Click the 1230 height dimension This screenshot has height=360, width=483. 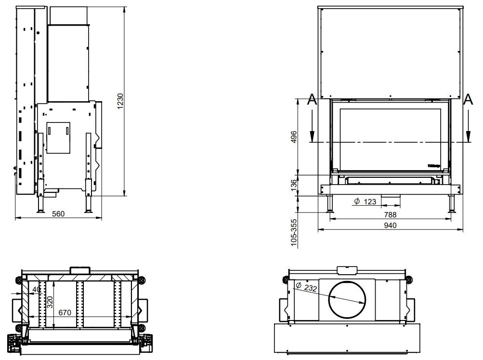121,100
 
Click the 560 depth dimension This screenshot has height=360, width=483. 58,213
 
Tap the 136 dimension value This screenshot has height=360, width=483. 294,185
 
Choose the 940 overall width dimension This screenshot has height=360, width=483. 390,225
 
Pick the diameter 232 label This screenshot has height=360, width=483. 307,287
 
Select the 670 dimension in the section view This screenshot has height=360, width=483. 65,312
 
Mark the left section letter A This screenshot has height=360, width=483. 312,100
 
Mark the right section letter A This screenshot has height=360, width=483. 467,100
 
